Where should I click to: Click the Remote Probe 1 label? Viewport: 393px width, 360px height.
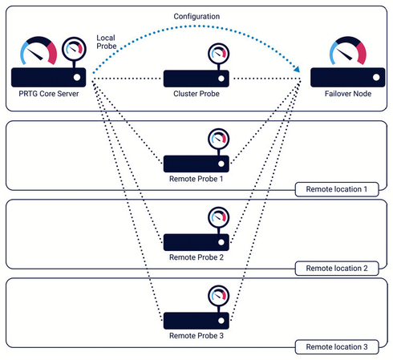point(197,177)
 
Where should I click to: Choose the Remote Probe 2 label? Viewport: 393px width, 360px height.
point(197,257)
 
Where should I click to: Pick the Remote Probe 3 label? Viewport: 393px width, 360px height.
point(197,338)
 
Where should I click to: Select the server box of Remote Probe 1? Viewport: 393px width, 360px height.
point(197,160)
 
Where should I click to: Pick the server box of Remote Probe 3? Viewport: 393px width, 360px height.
point(197,320)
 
